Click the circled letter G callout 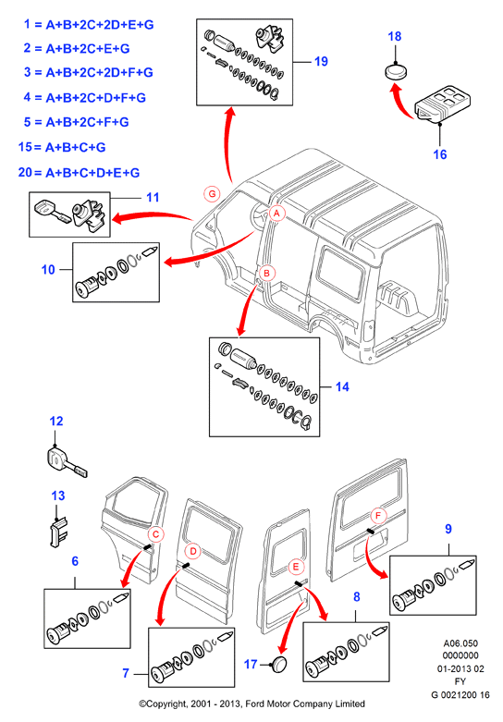tap(212, 194)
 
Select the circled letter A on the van tap(276, 214)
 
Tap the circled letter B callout tap(266, 273)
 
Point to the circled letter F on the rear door tap(378, 515)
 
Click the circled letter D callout tap(193, 551)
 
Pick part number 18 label tap(395, 36)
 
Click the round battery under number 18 tap(396, 71)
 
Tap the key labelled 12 tap(66, 461)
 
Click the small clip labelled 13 tap(58, 532)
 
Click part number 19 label tap(321, 61)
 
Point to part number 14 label tap(342, 386)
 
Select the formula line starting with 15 tap(62, 147)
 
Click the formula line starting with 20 tap(79, 173)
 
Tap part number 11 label tap(153, 198)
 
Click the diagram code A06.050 tap(460, 643)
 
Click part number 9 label tap(448, 529)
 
